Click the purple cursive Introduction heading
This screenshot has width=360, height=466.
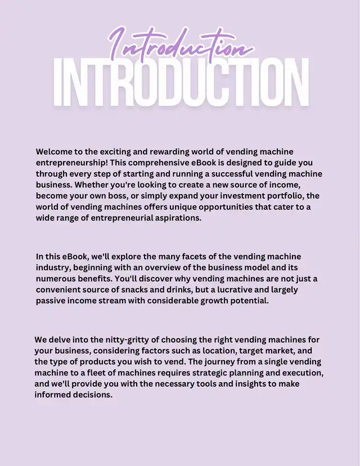(x=179, y=44)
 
